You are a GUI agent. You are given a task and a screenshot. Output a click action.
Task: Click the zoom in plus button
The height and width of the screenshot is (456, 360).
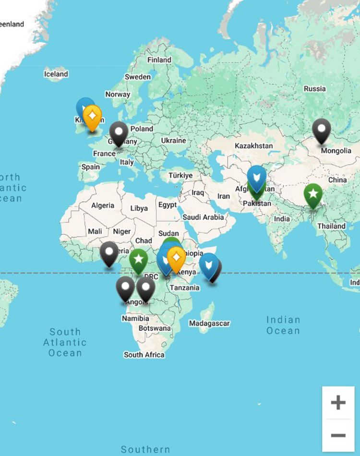click(x=338, y=402)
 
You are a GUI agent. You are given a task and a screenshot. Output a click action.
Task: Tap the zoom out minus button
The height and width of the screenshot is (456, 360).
click(x=338, y=435)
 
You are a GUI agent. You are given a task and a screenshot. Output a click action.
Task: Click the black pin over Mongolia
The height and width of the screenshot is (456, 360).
click(x=321, y=130)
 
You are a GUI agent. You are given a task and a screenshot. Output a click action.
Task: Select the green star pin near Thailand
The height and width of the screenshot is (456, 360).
click(x=313, y=194)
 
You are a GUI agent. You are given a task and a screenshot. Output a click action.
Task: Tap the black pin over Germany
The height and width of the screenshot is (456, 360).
click(x=119, y=132)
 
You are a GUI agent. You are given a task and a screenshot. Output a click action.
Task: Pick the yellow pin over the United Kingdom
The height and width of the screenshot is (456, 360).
click(x=92, y=117)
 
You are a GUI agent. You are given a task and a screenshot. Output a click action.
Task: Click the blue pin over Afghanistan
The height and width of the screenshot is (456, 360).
click(x=257, y=177)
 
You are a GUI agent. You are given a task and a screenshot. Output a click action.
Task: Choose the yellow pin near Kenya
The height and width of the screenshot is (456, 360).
click(x=176, y=258)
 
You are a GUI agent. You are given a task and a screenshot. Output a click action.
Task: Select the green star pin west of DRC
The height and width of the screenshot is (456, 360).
click(x=138, y=260)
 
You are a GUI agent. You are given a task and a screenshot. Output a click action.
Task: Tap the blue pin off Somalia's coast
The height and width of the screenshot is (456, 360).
click(x=208, y=264)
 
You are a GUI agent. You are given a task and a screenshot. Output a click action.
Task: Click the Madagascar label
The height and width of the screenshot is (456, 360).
click(x=209, y=324)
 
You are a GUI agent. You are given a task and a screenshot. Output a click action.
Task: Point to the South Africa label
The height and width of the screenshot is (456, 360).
click(x=144, y=355)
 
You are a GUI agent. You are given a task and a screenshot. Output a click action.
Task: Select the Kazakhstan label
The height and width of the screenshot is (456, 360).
click(x=253, y=145)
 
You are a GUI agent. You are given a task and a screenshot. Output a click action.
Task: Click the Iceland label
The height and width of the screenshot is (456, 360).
click(x=56, y=74)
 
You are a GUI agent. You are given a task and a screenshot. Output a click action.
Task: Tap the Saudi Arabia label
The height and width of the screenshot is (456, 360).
click(x=203, y=217)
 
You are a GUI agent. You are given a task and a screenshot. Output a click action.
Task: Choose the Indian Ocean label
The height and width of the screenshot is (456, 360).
click(x=283, y=325)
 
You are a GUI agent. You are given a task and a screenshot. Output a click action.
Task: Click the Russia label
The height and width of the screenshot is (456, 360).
click(x=315, y=88)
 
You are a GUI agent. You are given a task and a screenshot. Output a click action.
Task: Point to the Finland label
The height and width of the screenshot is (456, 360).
click(x=159, y=60)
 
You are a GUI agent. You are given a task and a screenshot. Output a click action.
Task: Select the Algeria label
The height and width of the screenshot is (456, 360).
click(x=103, y=205)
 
